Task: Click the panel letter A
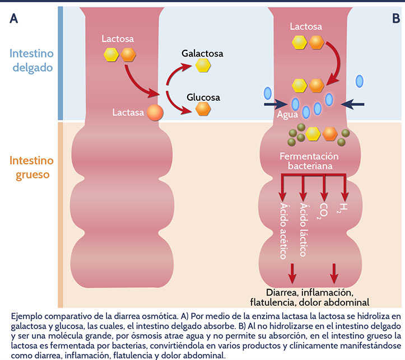(x=14, y=18)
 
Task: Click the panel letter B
(x=396, y=18)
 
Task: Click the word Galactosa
(x=202, y=54)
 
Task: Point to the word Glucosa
(x=203, y=97)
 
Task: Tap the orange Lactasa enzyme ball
(x=155, y=112)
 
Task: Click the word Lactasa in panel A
(x=128, y=112)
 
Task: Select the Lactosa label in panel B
(x=306, y=26)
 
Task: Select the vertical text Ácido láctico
(x=303, y=230)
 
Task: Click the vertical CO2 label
(x=324, y=210)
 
